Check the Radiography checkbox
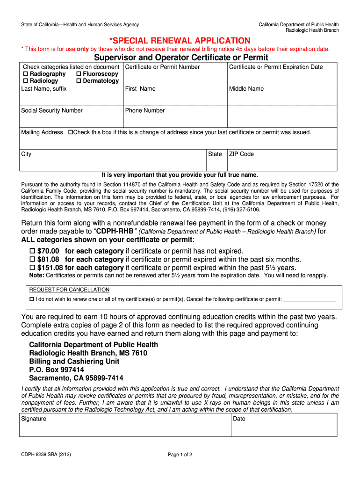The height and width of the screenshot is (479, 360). [26, 74]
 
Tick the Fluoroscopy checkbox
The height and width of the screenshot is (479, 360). [79, 74]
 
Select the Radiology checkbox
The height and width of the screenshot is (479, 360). [26, 81]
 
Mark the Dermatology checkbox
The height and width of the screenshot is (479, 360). [79, 81]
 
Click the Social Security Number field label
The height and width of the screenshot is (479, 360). [52, 111]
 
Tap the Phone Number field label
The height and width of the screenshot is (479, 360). [145, 111]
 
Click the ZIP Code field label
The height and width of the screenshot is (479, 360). [241, 154]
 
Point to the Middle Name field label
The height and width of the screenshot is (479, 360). [246, 89]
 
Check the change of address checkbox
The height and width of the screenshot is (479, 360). [71, 132]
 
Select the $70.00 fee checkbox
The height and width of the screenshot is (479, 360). [32, 251]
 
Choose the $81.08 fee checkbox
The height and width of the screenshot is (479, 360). [32, 260]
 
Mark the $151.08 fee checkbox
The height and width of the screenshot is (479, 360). [32, 268]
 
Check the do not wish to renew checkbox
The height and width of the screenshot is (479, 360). [32, 299]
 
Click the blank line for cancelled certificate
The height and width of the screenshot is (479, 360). [310, 300]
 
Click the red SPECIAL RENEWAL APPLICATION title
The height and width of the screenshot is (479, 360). [180, 41]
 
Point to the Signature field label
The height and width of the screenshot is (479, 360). [34, 419]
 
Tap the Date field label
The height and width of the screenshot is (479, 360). [239, 419]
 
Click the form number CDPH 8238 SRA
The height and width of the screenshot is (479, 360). [45, 455]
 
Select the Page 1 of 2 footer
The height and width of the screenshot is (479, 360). [180, 455]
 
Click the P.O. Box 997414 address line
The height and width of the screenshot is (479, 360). [57, 370]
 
